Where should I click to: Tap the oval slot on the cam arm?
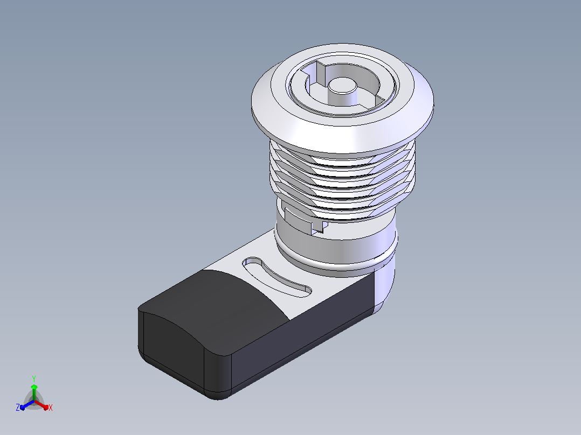pos(276,277)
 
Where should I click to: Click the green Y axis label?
pos(34,378)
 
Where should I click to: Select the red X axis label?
pos(51,408)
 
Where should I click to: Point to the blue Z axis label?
pos(18,408)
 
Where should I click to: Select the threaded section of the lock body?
pos(342,178)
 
